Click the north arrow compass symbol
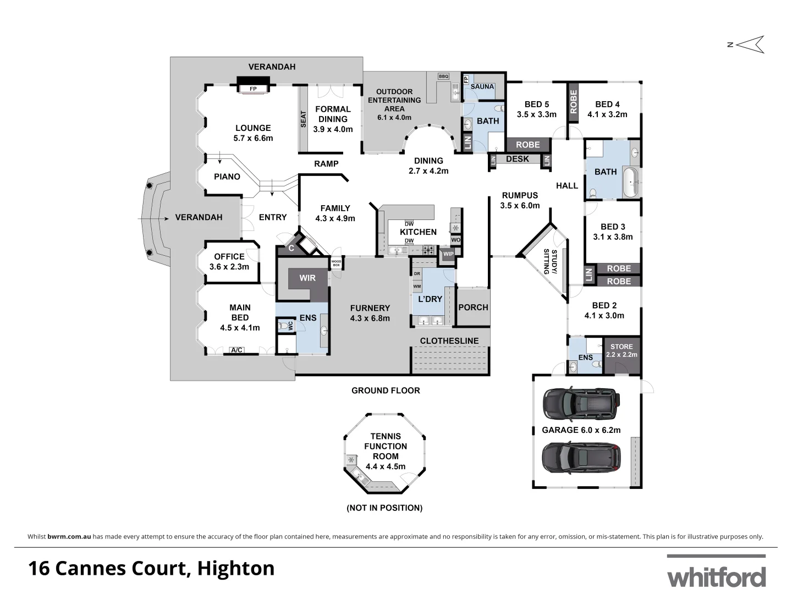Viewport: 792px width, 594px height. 749,45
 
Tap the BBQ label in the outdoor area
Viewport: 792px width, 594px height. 443,76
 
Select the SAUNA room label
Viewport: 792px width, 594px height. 482,86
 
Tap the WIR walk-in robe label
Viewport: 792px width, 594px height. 307,278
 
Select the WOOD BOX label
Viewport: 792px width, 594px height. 336,263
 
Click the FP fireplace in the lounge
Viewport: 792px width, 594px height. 253,88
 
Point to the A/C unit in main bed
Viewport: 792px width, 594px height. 237,350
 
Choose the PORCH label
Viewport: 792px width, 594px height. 473,307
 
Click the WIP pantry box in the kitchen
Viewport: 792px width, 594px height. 448,254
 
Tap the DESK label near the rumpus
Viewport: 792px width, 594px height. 517,159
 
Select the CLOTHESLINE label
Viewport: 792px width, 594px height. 449,341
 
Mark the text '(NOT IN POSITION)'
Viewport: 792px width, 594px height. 384,508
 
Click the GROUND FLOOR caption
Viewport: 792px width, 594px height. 386,391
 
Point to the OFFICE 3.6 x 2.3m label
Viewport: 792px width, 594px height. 229,262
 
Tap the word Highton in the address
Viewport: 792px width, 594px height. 236,568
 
